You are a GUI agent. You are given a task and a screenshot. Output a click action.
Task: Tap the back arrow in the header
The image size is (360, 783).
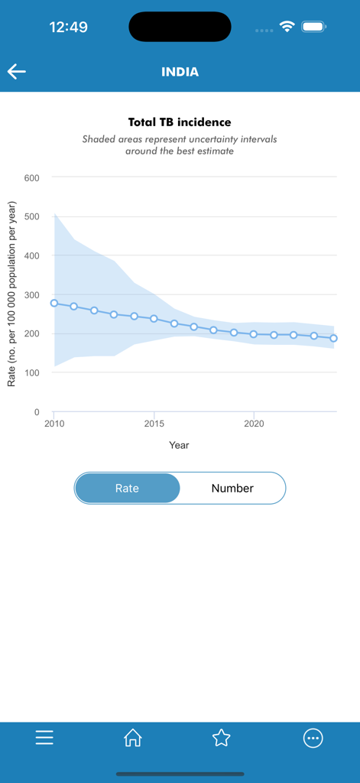tap(17, 72)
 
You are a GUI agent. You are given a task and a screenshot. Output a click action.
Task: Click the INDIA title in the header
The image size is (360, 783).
tap(180, 72)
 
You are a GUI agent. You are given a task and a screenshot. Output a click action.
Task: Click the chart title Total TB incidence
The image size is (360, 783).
tap(180, 122)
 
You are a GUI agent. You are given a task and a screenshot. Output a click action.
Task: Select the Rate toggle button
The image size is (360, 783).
tap(128, 488)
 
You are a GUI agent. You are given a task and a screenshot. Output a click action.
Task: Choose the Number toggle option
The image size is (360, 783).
tap(232, 488)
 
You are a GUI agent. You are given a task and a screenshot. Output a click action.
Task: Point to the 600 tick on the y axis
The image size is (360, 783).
tap(32, 177)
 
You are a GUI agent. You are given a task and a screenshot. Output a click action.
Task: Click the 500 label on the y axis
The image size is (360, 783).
tap(32, 216)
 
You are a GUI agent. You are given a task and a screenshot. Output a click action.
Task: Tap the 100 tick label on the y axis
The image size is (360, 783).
tap(32, 373)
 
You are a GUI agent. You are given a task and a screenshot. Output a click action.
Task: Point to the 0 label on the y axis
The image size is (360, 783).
tap(36, 412)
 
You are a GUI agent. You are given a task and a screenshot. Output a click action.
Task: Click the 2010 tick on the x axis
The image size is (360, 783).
tap(54, 423)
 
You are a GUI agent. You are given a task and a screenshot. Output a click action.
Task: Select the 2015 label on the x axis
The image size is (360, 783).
tap(154, 423)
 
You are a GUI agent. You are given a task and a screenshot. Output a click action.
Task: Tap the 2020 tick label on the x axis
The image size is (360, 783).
tap(254, 423)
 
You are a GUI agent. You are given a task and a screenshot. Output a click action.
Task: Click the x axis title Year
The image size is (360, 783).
tap(180, 445)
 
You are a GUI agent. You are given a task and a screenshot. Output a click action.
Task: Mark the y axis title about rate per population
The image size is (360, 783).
tap(11, 294)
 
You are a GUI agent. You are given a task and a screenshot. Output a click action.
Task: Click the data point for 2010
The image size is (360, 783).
tap(54, 303)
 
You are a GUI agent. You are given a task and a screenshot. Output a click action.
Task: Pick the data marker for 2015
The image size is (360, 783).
tap(154, 319)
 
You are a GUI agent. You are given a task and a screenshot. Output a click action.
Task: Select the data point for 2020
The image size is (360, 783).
tap(254, 334)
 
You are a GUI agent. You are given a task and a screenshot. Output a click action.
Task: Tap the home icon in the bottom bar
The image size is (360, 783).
tap(133, 738)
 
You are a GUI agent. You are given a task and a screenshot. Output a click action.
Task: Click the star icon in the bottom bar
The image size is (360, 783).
tap(222, 738)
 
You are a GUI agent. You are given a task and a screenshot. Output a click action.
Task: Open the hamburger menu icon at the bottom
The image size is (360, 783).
tap(44, 738)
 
